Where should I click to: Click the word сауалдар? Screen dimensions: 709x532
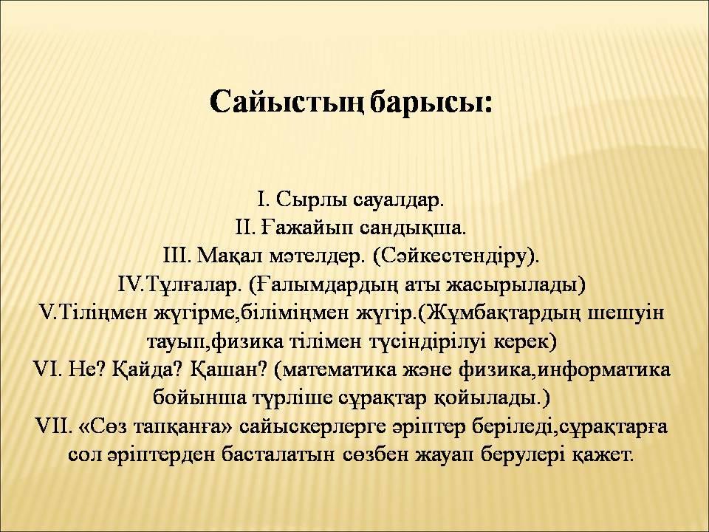[x=398, y=199]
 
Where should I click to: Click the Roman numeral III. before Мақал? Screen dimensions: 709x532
[x=177, y=256]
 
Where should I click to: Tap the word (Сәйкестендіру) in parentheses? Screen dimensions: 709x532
[x=456, y=257]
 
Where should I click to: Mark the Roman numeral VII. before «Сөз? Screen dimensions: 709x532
[x=53, y=426]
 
